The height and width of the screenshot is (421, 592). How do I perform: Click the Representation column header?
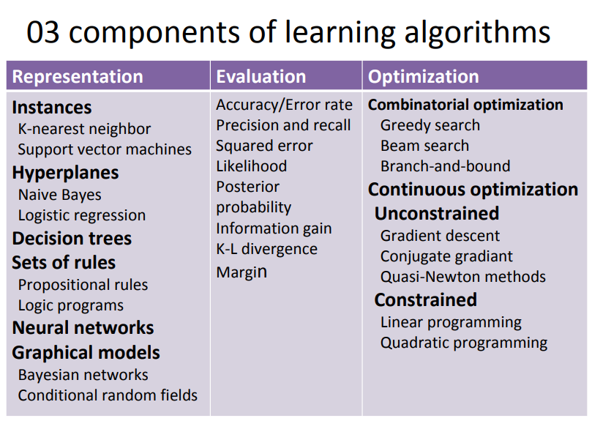[x=78, y=77]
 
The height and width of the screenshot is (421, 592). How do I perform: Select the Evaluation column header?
[x=261, y=77]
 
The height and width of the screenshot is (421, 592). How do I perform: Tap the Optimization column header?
[x=424, y=77]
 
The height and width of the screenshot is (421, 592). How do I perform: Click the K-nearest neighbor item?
[x=84, y=129]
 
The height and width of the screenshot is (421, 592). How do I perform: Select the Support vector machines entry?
[x=105, y=149]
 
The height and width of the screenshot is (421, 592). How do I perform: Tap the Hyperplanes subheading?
[x=65, y=173]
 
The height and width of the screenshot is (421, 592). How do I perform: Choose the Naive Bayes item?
[x=60, y=195]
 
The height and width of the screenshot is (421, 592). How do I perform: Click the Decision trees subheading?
[x=72, y=239]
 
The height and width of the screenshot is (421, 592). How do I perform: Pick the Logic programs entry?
[x=71, y=305]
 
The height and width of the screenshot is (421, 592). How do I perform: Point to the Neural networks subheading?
[x=83, y=328]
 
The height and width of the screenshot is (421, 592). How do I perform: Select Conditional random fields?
[x=108, y=395]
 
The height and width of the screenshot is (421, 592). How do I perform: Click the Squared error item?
[x=264, y=146]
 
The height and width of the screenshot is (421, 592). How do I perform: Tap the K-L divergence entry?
[x=266, y=249]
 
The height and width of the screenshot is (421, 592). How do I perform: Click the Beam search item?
[x=424, y=146]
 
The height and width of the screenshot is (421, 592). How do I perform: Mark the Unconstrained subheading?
[x=437, y=214]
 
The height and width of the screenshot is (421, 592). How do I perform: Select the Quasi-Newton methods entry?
[x=463, y=277]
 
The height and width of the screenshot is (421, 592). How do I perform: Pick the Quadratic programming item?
[x=464, y=343]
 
